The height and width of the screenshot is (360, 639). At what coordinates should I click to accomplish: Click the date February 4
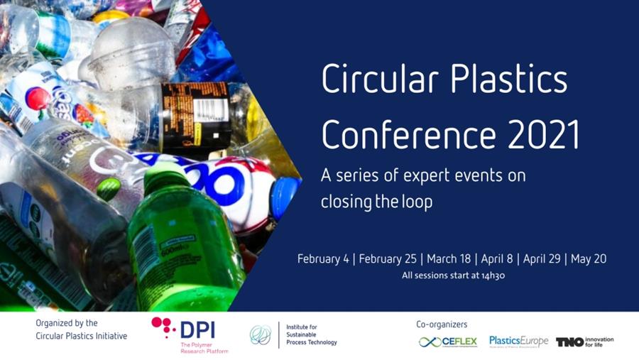point(323,259)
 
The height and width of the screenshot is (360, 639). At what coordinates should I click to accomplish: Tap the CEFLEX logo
point(448,342)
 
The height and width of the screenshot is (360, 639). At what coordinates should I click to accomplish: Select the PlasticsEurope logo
point(518,342)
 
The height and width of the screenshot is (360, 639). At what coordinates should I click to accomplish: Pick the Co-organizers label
point(442,324)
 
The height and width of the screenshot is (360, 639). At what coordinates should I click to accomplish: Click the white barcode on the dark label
point(209,109)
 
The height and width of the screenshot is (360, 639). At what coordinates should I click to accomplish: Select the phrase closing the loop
point(376,201)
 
